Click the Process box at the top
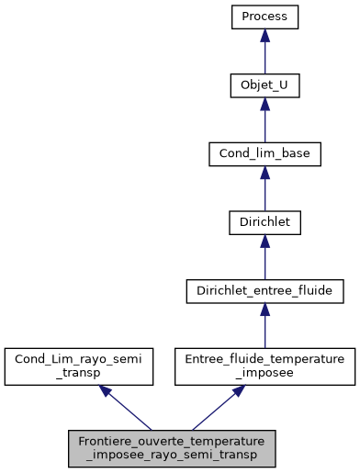(x=264, y=17)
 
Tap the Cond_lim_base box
(x=264, y=153)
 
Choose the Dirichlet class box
(x=264, y=222)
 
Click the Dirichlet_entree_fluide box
(x=264, y=290)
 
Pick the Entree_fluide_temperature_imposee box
(x=264, y=366)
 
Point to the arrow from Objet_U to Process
(x=264, y=53)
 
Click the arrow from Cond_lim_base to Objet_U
(x=264, y=121)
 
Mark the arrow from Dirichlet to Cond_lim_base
(x=264, y=190)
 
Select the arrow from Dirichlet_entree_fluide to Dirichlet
(x=264, y=258)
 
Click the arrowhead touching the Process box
(x=264, y=36)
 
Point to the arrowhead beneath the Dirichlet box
(x=264, y=242)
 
